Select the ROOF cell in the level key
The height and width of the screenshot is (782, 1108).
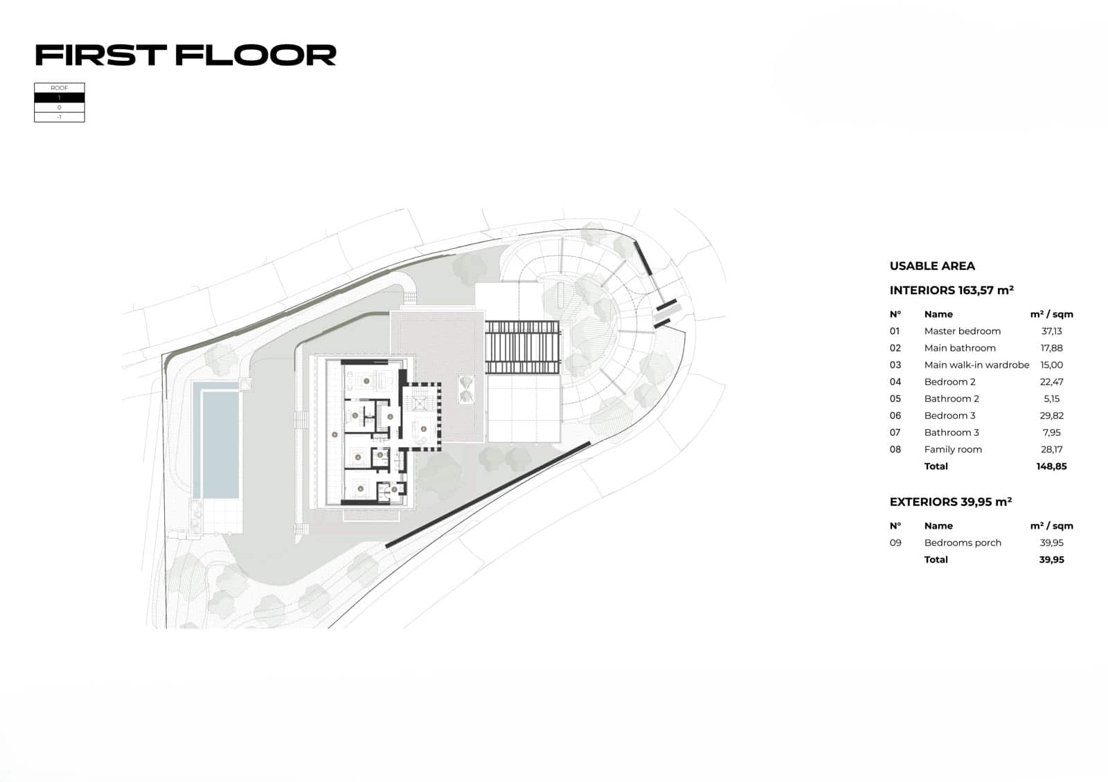click(60, 88)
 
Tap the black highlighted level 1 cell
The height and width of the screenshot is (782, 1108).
click(60, 98)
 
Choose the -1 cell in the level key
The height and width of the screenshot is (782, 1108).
click(60, 117)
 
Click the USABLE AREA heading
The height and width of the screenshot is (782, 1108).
click(932, 266)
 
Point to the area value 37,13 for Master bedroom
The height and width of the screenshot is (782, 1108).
click(1051, 331)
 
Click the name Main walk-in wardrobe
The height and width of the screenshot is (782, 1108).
click(976, 365)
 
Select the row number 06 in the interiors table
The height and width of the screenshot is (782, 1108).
click(895, 416)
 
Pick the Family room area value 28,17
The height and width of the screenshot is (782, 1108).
click(1051, 450)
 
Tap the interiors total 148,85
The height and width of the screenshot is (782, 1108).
click(1051, 466)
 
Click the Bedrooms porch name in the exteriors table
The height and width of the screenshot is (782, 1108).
click(963, 543)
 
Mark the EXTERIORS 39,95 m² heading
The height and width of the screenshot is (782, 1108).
click(951, 502)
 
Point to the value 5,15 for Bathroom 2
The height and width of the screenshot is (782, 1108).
click(1051, 399)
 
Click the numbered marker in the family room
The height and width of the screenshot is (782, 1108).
click(424, 429)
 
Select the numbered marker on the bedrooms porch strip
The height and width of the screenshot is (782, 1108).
click(334, 435)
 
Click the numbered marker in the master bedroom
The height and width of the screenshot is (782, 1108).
click(366, 381)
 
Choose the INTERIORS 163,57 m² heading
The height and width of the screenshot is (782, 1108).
click(951, 291)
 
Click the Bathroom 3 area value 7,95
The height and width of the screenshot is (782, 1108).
click(1051, 433)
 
